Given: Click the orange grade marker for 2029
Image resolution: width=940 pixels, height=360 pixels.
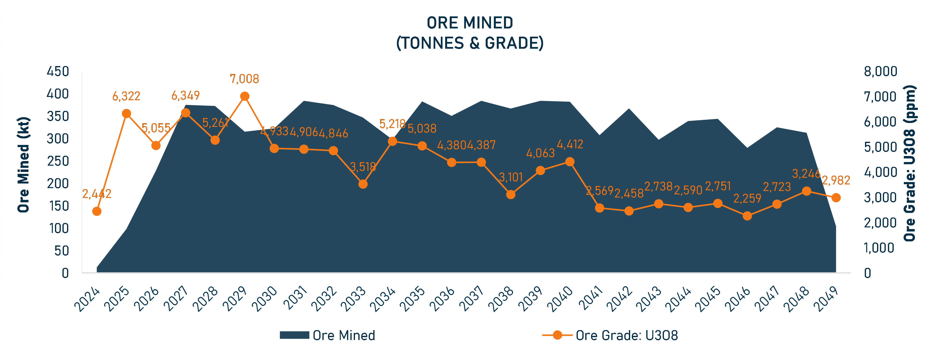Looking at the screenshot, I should tap(245, 96).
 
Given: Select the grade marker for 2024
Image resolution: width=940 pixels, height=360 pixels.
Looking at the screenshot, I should tap(97, 211).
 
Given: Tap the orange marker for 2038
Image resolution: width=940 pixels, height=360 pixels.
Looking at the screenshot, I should tap(511, 194).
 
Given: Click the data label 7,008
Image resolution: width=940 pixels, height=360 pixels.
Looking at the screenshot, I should tap(245, 79).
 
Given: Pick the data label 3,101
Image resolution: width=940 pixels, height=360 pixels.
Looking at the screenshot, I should tap(511, 177).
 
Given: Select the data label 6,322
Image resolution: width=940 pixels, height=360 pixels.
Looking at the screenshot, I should tap(126, 96).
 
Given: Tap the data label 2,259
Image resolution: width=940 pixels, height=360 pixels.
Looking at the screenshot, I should tap(747, 198).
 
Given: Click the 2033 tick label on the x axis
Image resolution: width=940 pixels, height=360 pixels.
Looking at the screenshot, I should tap(353, 299).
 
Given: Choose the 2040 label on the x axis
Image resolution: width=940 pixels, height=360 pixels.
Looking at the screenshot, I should tap(560, 299).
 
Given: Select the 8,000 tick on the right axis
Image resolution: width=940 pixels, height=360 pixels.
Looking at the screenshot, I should tap(880, 71).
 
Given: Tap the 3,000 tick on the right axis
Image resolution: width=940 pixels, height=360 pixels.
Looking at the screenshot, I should tap(880, 198).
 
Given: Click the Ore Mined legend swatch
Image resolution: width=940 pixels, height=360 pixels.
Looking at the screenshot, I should tap(294, 335).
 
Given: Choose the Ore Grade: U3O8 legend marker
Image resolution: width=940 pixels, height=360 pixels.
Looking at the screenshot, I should tap(557, 335).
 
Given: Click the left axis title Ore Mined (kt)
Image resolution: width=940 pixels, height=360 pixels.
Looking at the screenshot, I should tap(24, 165).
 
